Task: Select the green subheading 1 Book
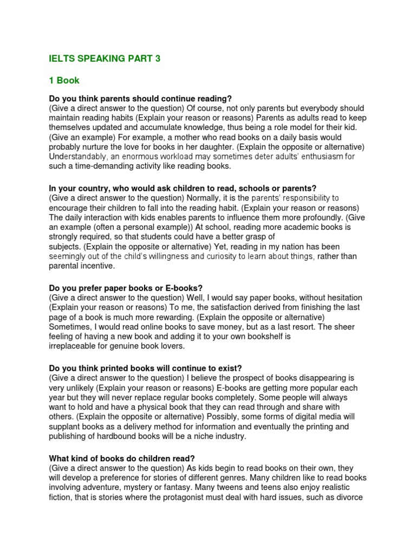coord(64,80)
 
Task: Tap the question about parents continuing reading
coord(140,98)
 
